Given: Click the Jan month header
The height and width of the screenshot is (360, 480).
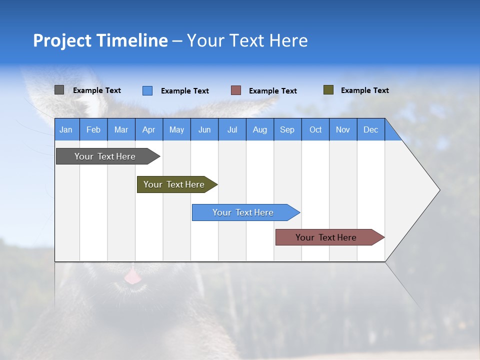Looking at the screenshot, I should [x=66, y=129].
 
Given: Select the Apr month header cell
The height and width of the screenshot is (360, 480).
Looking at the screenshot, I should [x=148, y=129].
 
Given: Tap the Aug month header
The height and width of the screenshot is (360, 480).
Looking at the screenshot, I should [x=259, y=129].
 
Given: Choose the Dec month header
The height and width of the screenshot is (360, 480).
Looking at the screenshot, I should [x=370, y=129].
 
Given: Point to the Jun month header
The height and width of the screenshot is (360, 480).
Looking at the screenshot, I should [x=204, y=129].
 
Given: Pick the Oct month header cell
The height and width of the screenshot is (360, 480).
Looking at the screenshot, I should [x=315, y=129].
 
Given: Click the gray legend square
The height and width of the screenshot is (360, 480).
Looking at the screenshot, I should [x=59, y=90].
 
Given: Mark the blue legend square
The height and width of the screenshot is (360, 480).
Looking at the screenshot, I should [x=147, y=90].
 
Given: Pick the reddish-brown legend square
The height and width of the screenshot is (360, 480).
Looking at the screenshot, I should [x=235, y=90].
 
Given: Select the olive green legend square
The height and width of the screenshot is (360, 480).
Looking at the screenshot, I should [x=328, y=90].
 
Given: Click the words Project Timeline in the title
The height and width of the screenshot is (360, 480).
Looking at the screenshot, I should [x=100, y=40].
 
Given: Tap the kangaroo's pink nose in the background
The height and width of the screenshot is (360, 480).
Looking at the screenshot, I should [x=132, y=276].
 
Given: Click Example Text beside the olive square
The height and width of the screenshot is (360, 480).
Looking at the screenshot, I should [x=364, y=90].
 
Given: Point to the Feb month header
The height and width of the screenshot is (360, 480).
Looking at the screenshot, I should [x=93, y=129].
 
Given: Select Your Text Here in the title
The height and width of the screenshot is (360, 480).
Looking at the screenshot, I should [x=247, y=40].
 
